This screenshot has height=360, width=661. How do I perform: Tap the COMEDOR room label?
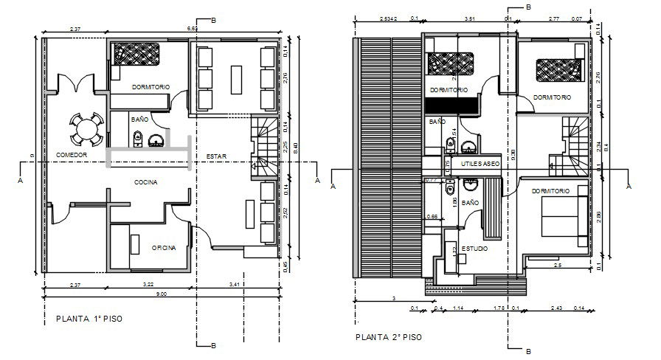72,155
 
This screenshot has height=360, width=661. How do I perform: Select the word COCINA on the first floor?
146,181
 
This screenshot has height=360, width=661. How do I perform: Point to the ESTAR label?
216,155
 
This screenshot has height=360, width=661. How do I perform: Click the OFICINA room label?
164,248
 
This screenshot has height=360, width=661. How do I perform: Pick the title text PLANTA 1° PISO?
89,319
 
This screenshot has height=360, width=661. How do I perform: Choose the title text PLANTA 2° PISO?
389,337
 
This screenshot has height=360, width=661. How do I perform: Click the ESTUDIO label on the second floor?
474,249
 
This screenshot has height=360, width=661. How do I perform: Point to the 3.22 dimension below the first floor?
150,284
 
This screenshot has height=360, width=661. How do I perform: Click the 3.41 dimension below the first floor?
235,284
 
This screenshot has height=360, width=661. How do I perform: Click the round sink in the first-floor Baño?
156,140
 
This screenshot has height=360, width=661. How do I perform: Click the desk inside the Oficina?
135,243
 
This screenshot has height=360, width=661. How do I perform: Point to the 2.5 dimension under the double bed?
557,265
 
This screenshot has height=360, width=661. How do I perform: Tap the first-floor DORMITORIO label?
151,87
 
